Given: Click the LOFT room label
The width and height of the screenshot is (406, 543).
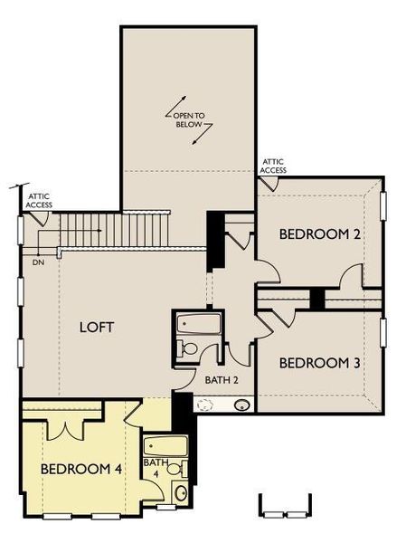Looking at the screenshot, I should click(96, 327).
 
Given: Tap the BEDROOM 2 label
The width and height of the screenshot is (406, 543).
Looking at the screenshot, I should click(320, 234).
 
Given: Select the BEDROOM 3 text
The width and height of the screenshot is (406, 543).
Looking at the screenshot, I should click(320, 363).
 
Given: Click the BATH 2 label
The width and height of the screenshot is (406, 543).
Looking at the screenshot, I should click(222, 380).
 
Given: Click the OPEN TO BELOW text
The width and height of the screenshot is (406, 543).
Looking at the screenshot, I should click(189, 119).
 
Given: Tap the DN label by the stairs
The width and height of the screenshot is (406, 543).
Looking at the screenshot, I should click(38, 262).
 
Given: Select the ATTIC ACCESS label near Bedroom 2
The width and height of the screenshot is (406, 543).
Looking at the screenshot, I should click(273, 165).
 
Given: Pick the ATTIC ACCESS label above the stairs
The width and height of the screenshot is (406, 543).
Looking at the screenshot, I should click(39, 200).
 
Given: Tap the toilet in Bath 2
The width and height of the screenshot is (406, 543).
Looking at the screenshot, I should click(189, 348).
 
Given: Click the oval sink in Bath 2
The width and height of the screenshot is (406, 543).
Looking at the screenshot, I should click(242, 405).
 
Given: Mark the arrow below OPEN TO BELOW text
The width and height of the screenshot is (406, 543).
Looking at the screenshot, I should click(207, 133).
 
